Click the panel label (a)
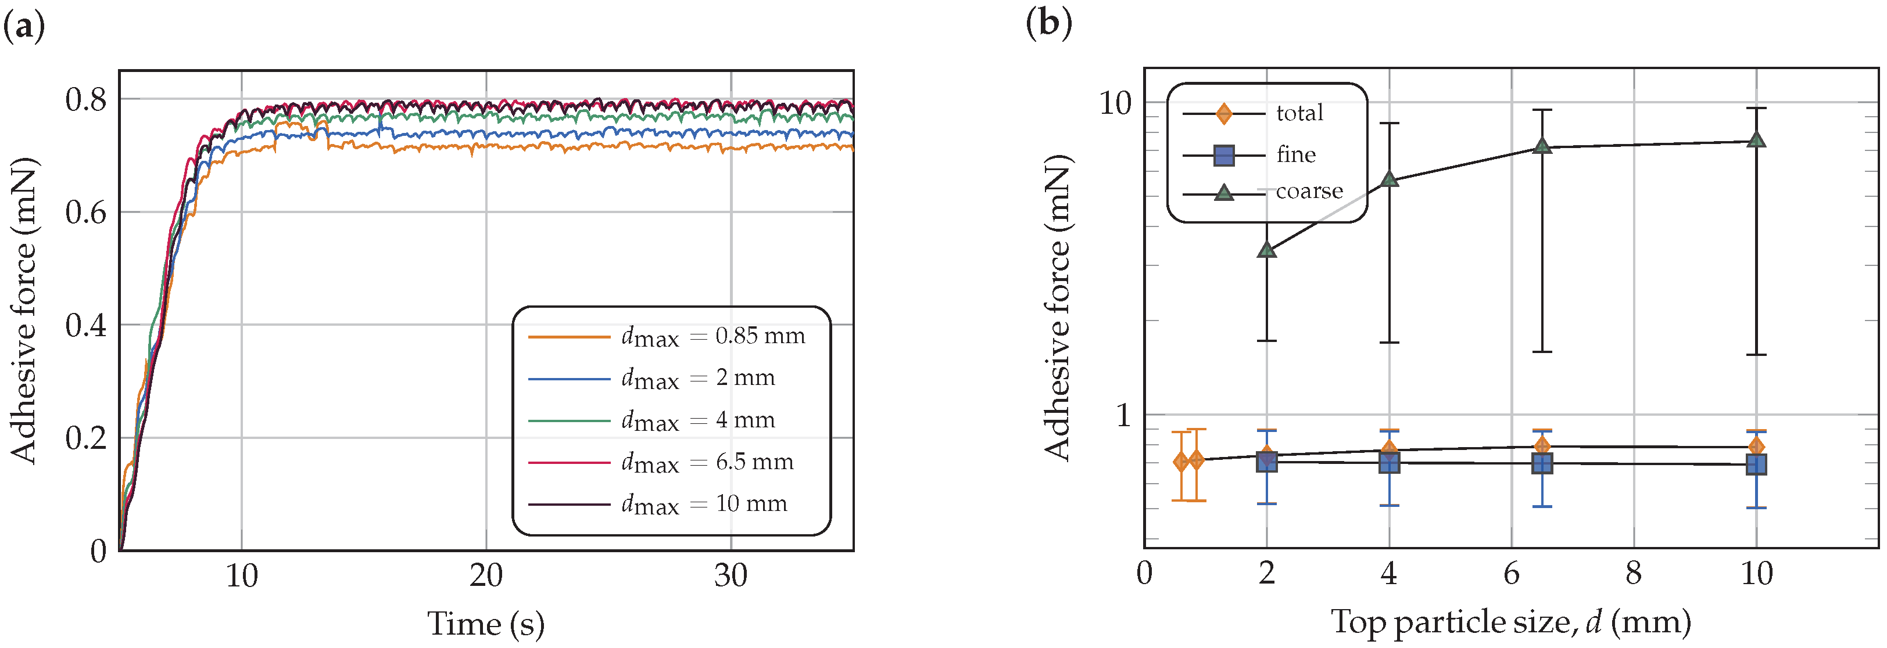pyautogui.click(x=24, y=27)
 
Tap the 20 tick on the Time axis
pyautogui.click(x=486, y=576)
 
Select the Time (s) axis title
pyautogui.click(x=486, y=624)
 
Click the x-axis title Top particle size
pyautogui.click(x=1510, y=622)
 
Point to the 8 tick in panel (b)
pyautogui.click(x=1634, y=573)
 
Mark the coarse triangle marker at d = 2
pyautogui.click(x=1266, y=250)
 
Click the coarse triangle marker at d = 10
pyautogui.click(x=1756, y=139)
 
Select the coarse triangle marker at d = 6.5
pyautogui.click(x=1542, y=146)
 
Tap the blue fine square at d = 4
pyautogui.click(x=1389, y=463)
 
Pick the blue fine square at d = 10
pyautogui.click(x=1756, y=464)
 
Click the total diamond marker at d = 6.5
pyautogui.click(x=1542, y=446)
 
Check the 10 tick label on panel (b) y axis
pyautogui.click(x=1115, y=103)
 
